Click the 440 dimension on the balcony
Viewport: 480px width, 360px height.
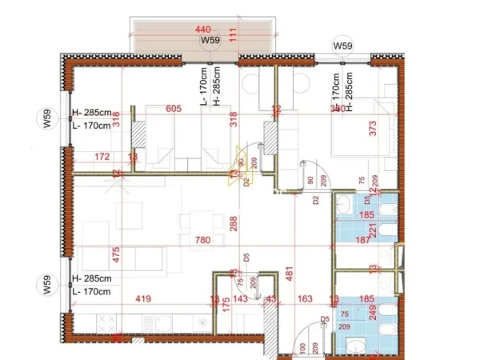207,30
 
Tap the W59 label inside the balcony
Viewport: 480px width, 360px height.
210,40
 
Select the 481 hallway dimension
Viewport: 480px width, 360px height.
290,270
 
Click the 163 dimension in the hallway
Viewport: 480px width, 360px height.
305,300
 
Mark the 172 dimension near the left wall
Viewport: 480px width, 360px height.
101,157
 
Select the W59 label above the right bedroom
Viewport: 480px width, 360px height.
342,46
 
